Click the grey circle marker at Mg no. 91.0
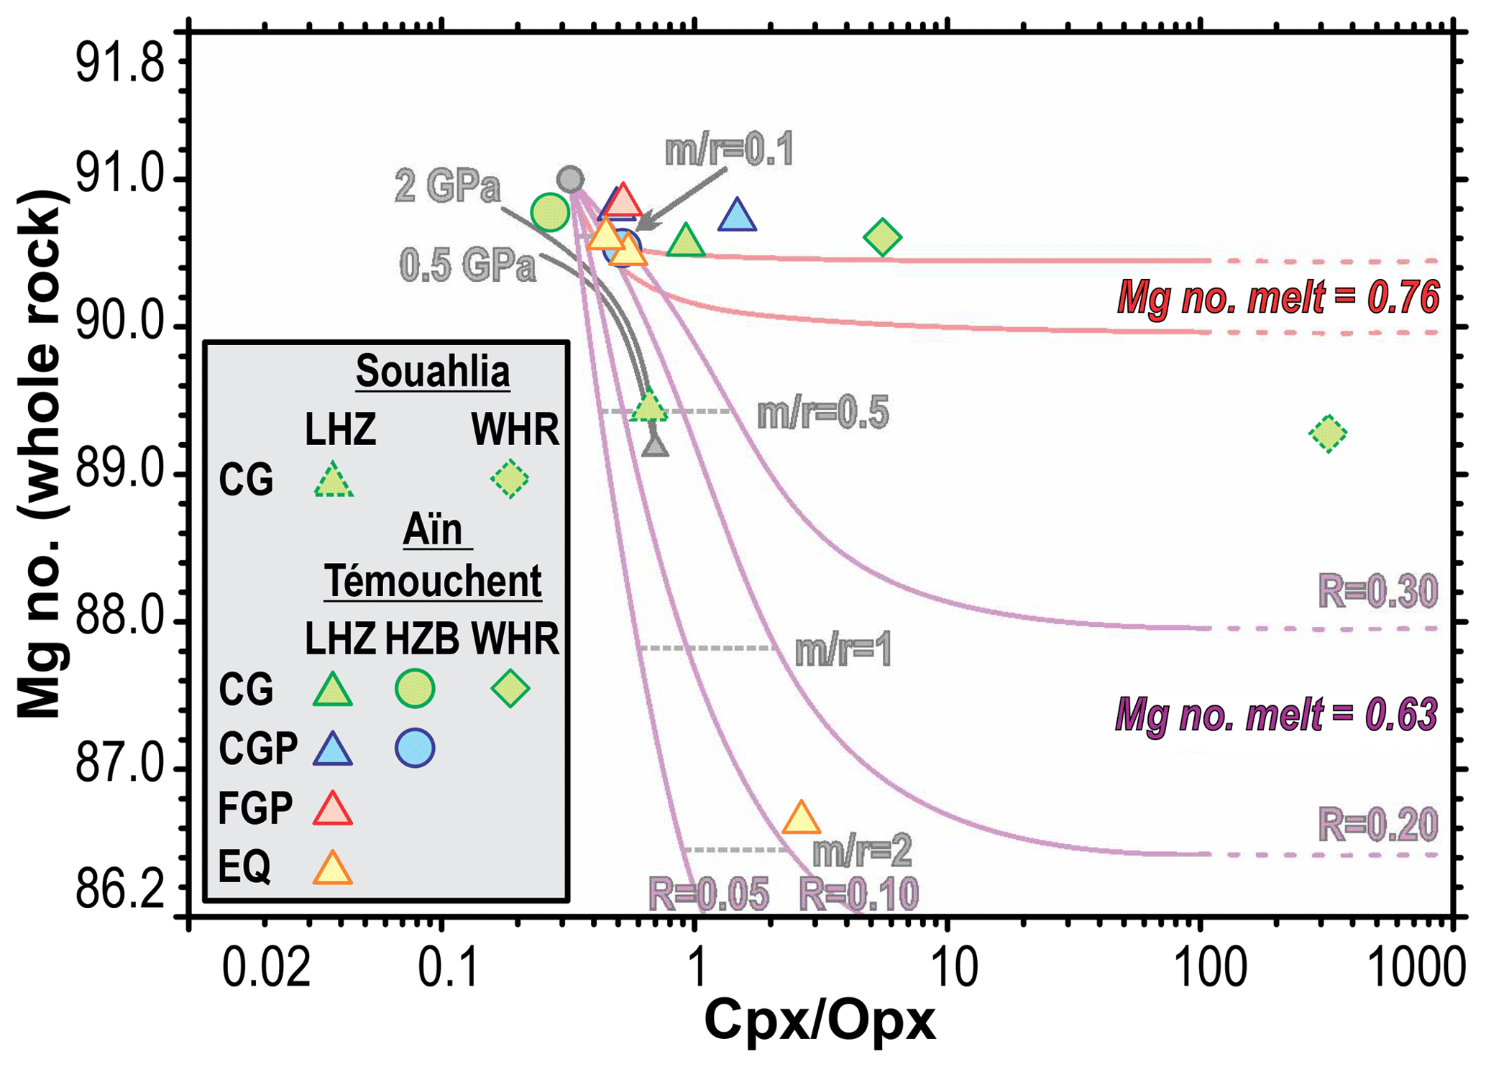[570, 179]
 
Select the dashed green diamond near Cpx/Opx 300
[1327, 434]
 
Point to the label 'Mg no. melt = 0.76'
[1278, 298]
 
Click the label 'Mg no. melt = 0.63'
[1276, 716]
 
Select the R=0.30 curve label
[1377, 592]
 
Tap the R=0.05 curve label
[708, 894]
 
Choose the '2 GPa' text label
[447, 187]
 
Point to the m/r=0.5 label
[822, 413]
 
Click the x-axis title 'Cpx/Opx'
[820, 1021]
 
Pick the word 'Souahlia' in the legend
[433, 372]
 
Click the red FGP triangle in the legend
[333, 810]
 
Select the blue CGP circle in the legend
[415, 748]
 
